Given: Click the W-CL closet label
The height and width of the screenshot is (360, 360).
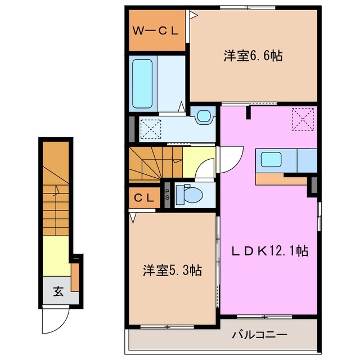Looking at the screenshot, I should (155, 31).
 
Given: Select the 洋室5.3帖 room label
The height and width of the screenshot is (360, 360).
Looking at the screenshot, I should (172, 271).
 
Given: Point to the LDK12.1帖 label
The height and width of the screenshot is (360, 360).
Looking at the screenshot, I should (270, 251).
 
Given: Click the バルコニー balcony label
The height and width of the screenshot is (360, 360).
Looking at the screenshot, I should (260, 336).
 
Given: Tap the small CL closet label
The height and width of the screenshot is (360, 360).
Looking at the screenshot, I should (145, 197).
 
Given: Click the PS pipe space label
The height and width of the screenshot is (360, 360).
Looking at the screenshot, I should (168, 194).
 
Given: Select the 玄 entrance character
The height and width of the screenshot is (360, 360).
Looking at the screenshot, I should (57, 291).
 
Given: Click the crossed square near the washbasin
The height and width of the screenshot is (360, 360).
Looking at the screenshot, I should (150, 129).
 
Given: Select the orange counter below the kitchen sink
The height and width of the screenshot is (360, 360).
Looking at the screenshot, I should (273, 180).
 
